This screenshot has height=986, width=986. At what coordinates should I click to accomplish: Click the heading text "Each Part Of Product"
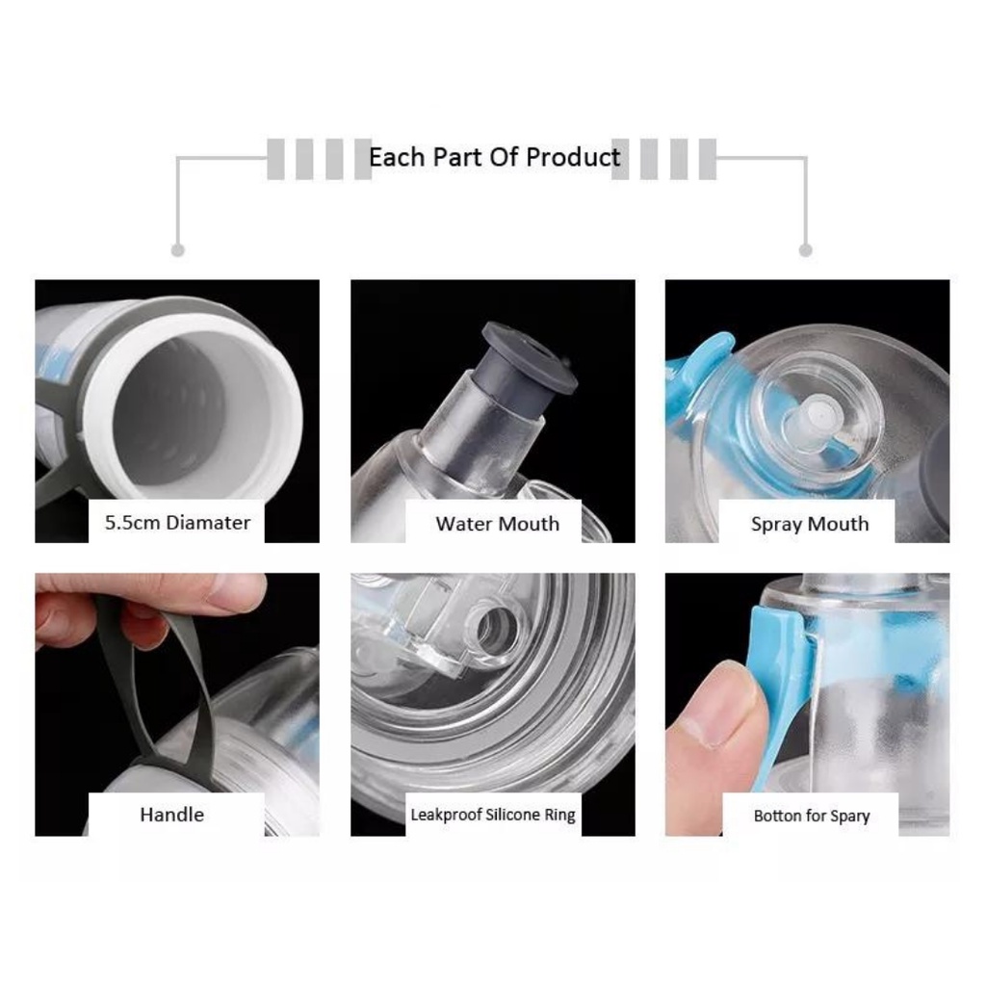[x=494, y=157]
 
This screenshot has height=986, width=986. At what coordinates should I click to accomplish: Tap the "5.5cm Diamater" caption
[x=177, y=523]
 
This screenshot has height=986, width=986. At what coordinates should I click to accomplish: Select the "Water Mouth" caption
[x=498, y=524]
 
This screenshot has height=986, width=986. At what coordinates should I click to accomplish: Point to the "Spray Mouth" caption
[x=810, y=525]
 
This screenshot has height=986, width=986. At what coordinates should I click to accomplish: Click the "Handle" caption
[x=171, y=815]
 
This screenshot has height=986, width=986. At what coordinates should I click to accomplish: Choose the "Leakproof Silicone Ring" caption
[x=493, y=815]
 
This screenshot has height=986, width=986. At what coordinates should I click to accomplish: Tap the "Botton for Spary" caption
[x=812, y=817]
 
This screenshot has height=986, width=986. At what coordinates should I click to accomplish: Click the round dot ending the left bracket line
[x=178, y=250]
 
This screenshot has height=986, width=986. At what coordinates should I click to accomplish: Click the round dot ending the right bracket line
[x=806, y=250]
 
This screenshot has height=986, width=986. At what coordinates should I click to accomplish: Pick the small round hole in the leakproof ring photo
[x=496, y=629]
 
